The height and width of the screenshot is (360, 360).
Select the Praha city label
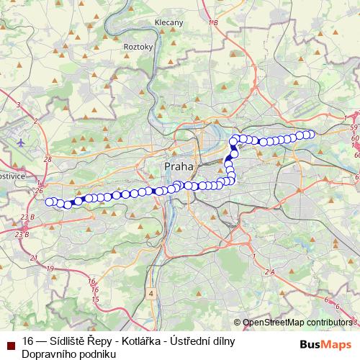click(x=179, y=166)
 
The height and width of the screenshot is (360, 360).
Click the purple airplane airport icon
click(x=21, y=142)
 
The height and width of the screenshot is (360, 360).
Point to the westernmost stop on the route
click(x=49, y=202)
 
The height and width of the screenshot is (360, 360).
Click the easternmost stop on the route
click(x=311, y=134)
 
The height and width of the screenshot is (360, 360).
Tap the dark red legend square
click(x=10, y=341)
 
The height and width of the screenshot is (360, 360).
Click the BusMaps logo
click(x=326, y=344)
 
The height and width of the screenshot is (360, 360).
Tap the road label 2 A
click(x=269, y=271)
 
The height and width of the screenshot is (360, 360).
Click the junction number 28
click(x=48, y=159)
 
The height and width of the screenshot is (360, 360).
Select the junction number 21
click(x=34, y=257)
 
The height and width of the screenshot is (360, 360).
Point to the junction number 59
click(x=354, y=127)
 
